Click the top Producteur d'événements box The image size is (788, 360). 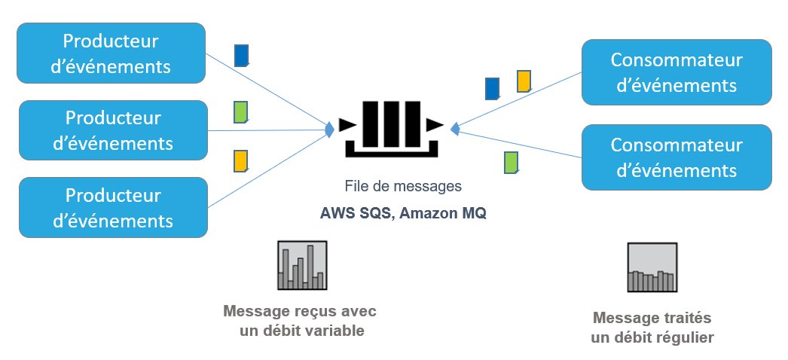coord(111,53)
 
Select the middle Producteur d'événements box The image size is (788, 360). coord(112,130)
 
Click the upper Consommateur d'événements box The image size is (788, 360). coord(677,72)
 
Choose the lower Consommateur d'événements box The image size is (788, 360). coord(677,157)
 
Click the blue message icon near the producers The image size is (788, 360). coord(241,56)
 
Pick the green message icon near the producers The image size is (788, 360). coord(241,111)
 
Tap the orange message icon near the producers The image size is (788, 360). coord(241,161)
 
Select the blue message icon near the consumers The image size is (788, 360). coord(493,89)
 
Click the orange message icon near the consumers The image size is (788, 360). coord(524,81)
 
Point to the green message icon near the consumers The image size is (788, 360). coord(511,162)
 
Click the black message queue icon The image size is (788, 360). coord(390,127)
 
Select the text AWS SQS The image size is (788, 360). coord(355,213)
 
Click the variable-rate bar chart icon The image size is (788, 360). coord(301,266)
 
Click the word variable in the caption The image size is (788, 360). coord(337,330)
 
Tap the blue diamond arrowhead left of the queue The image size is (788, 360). coord(329,130)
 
